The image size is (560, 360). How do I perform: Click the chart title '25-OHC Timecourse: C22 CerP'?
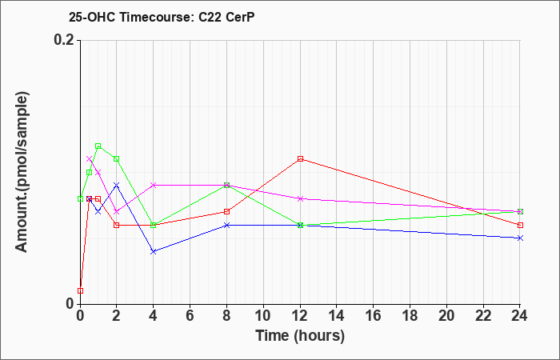coord(162,17)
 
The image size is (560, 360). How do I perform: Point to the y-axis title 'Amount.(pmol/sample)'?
coord(22,172)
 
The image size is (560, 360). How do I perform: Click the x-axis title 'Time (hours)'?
coord(300,336)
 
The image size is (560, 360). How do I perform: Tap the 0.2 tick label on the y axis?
coord(65,40)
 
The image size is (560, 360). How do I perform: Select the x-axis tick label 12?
coord(300,316)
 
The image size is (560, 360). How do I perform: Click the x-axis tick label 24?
coord(520,316)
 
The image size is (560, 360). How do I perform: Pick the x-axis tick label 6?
coord(190,316)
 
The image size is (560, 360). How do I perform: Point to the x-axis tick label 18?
coord(410,316)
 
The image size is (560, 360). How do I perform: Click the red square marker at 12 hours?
coord(300,159)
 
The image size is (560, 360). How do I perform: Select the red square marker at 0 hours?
coord(80,290)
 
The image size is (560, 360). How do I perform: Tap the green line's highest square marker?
coord(98,146)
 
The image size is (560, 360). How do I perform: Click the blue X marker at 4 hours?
coord(154,251)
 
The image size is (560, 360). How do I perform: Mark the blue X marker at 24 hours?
coord(520,238)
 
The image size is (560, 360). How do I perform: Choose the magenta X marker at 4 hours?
coord(154,185)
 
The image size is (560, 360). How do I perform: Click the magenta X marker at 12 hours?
coord(300,198)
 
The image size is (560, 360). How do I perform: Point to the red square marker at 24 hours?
coord(520,225)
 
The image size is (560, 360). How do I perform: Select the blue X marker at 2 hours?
coord(117,185)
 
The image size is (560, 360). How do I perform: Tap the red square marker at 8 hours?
coord(226,212)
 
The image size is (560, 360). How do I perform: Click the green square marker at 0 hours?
coord(80,198)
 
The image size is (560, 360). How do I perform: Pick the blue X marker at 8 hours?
coord(226,225)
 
